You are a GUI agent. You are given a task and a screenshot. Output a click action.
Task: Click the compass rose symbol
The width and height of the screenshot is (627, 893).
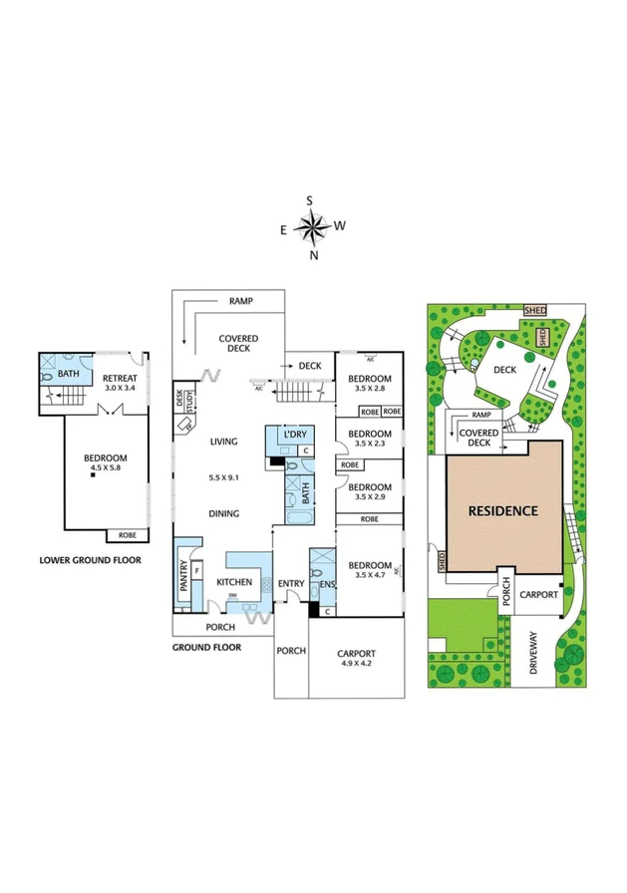tap(313, 229)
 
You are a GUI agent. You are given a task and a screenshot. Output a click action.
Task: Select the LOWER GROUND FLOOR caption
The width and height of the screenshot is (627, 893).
tap(90, 559)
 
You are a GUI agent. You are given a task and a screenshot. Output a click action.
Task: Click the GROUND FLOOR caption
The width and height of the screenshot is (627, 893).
tap(206, 647)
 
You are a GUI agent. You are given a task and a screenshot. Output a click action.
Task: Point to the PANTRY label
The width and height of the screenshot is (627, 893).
tap(185, 580)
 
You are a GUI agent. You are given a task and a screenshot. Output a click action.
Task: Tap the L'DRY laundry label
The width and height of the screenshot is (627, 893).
tap(294, 437)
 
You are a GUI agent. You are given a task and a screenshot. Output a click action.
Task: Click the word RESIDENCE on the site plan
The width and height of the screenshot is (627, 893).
tap(503, 511)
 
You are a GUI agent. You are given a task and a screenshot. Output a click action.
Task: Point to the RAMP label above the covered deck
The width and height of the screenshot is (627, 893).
tap(240, 299)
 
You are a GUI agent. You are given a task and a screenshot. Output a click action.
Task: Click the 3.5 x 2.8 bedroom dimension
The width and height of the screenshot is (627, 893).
tap(369, 390)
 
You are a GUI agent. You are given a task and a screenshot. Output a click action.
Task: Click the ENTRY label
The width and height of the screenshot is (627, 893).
tap(291, 583)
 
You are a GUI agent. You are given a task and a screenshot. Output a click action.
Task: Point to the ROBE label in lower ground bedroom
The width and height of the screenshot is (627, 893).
tap(128, 535)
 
